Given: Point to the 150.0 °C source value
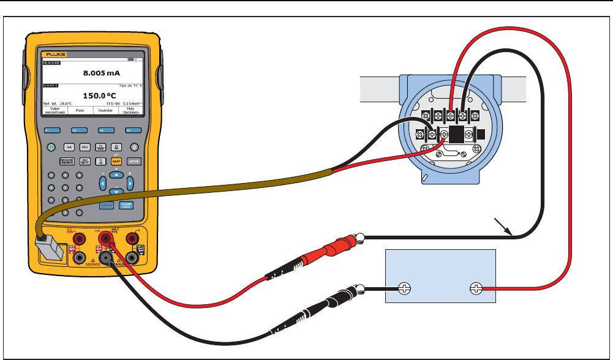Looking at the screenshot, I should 100,96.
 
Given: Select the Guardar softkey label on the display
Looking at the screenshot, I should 105,111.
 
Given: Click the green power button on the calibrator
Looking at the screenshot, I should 51,147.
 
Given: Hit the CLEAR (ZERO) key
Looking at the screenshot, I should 126,206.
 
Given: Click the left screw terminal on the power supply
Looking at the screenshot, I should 405,288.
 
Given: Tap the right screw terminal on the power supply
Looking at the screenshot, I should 475,288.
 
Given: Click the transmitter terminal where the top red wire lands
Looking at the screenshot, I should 451,116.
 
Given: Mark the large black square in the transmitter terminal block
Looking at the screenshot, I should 456,134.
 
